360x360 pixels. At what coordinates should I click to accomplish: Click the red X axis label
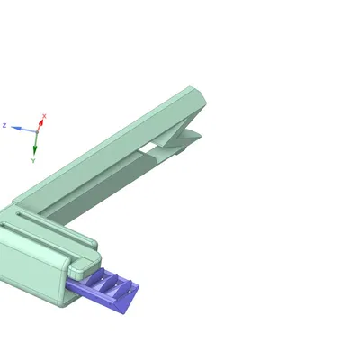point(44,116)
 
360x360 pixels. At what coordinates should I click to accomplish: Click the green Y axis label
point(33,160)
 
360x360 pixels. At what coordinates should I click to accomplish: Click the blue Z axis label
point(4,125)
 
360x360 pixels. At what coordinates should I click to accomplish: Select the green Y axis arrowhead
point(35,148)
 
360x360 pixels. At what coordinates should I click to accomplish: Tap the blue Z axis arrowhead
point(16,128)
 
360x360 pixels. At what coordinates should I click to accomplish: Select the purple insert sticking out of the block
point(103,290)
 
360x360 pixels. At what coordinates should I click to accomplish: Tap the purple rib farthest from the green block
point(124,287)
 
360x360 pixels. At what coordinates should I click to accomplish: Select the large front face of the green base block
point(31,270)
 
